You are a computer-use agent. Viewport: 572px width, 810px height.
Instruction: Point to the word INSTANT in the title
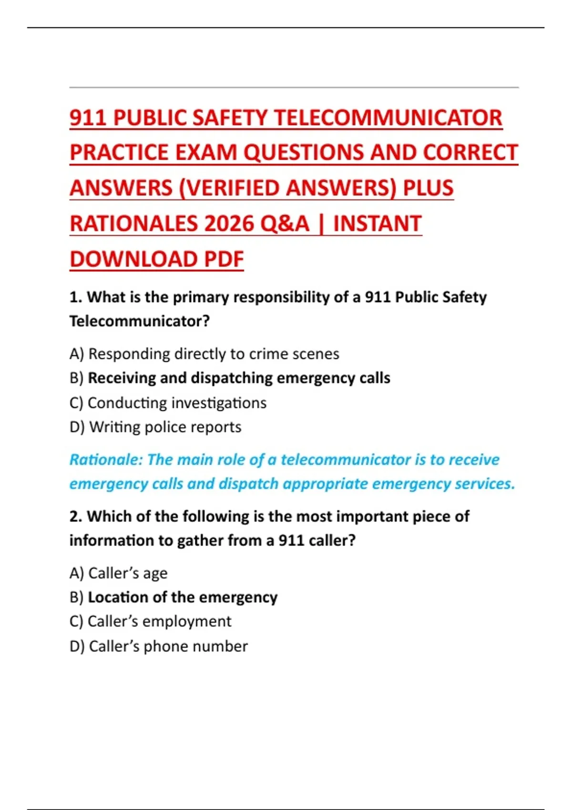click(x=377, y=224)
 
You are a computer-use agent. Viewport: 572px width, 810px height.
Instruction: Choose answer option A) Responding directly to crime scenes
click(x=204, y=354)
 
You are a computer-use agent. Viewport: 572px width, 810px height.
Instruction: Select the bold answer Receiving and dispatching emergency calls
click(x=239, y=378)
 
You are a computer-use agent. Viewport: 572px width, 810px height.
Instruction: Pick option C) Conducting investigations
click(x=168, y=403)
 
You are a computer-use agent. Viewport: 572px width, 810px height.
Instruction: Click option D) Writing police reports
click(x=155, y=427)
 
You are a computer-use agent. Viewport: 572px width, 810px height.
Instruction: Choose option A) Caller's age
click(x=118, y=573)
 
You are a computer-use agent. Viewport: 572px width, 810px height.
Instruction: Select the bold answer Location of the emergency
click(x=183, y=597)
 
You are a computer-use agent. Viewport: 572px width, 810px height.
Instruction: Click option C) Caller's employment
click(x=150, y=622)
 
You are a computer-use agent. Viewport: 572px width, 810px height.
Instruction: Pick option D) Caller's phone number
click(x=158, y=647)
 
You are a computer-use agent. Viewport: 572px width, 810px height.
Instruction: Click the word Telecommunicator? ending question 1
click(x=139, y=322)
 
